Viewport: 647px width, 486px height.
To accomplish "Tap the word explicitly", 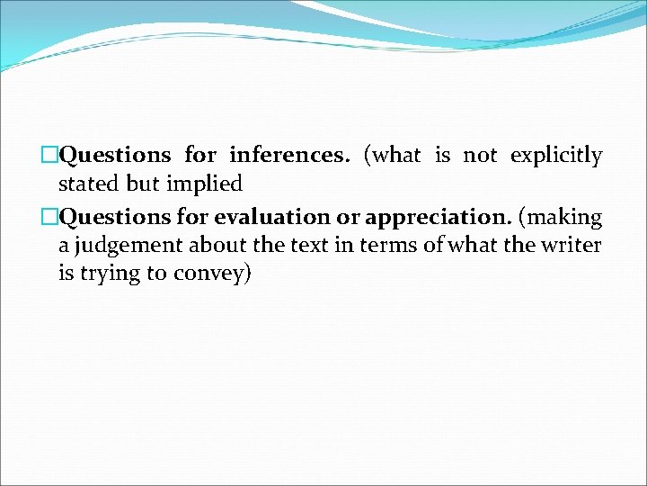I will [555, 156].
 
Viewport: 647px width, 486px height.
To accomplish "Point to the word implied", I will [204, 184].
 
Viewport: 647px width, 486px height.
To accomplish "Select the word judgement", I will [117, 246].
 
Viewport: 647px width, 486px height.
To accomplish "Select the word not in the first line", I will [479, 156].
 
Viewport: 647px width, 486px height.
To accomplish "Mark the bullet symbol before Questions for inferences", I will [50, 156].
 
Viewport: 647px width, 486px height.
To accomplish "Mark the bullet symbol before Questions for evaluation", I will [50, 217].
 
